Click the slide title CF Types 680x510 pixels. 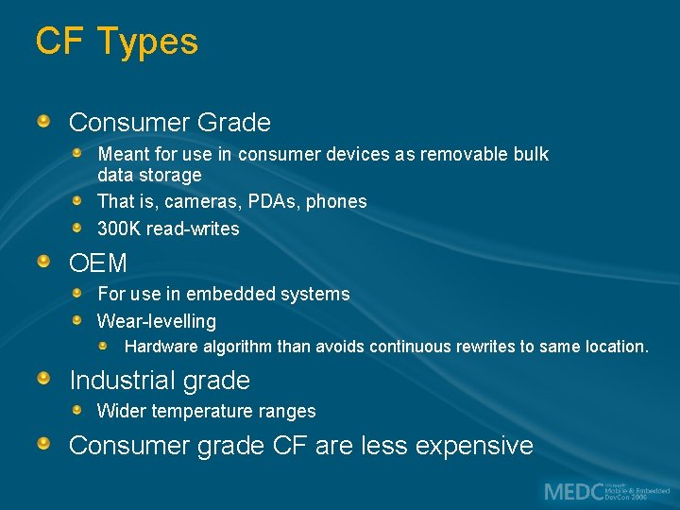pos(116,42)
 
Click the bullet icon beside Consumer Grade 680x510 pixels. pos(44,122)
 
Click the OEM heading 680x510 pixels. pos(97,263)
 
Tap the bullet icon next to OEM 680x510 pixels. pos(44,262)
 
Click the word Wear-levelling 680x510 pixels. pos(156,321)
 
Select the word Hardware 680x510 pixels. pos(161,347)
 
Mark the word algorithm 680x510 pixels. pos(237,347)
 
